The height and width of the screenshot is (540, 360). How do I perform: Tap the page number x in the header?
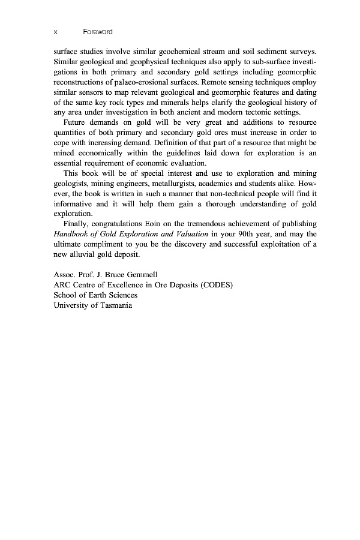tap(55, 31)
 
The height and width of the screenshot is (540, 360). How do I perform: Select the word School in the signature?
tap(65, 296)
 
